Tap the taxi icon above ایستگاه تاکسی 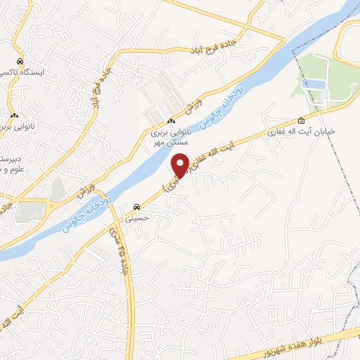point(20,60)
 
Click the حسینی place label point(137,219)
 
